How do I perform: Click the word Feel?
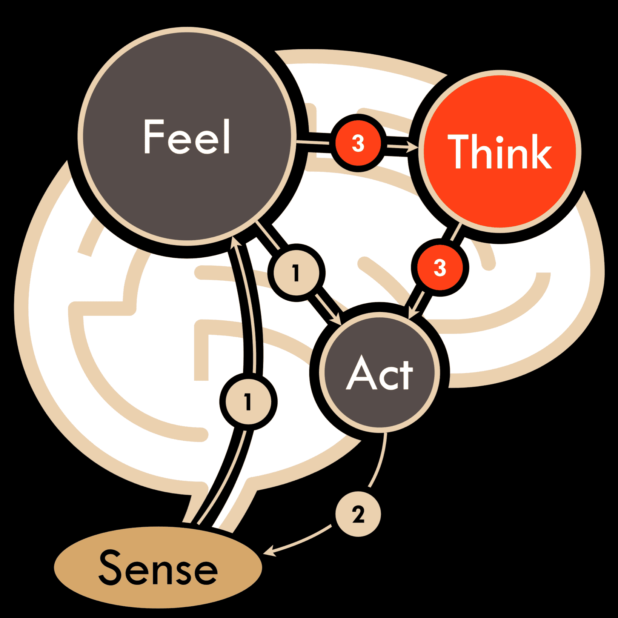[x=187, y=137]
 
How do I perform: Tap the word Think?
[x=500, y=152]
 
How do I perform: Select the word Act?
[x=380, y=374]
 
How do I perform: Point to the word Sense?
[x=158, y=567]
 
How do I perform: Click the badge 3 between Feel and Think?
[x=358, y=143]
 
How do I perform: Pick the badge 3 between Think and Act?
[x=440, y=268]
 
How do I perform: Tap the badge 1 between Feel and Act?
[x=296, y=273]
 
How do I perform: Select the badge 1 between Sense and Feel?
[x=248, y=401]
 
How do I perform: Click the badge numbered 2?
[x=358, y=514]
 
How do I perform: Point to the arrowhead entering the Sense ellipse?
[x=269, y=552]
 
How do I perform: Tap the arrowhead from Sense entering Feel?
[x=236, y=241]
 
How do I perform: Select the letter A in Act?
[x=361, y=373]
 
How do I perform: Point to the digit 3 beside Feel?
[x=358, y=143]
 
